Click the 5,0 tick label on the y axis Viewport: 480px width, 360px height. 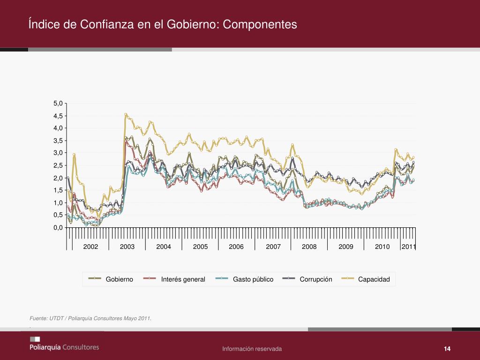[58, 103]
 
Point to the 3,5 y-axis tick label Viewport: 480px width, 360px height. [58, 141]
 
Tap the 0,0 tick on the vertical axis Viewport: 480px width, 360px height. [58, 228]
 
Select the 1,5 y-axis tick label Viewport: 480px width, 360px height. [58, 190]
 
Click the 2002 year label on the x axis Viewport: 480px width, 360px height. [90, 247]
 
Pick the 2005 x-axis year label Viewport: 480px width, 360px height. [200, 247]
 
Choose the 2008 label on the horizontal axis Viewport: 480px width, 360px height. [309, 247]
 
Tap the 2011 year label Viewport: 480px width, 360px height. [409, 247]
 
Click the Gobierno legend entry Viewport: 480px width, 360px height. [119, 279]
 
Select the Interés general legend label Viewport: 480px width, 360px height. [183, 279]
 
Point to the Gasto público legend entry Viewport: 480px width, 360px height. [253, 279]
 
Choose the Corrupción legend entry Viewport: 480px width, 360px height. [316, 279]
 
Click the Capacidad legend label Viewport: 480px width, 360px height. [374, 279]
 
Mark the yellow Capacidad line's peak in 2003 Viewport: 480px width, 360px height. [126, 114]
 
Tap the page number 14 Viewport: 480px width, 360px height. [447, 349]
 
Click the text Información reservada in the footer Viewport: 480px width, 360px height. [252, 349]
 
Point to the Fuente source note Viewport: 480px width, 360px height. [90, 319]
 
